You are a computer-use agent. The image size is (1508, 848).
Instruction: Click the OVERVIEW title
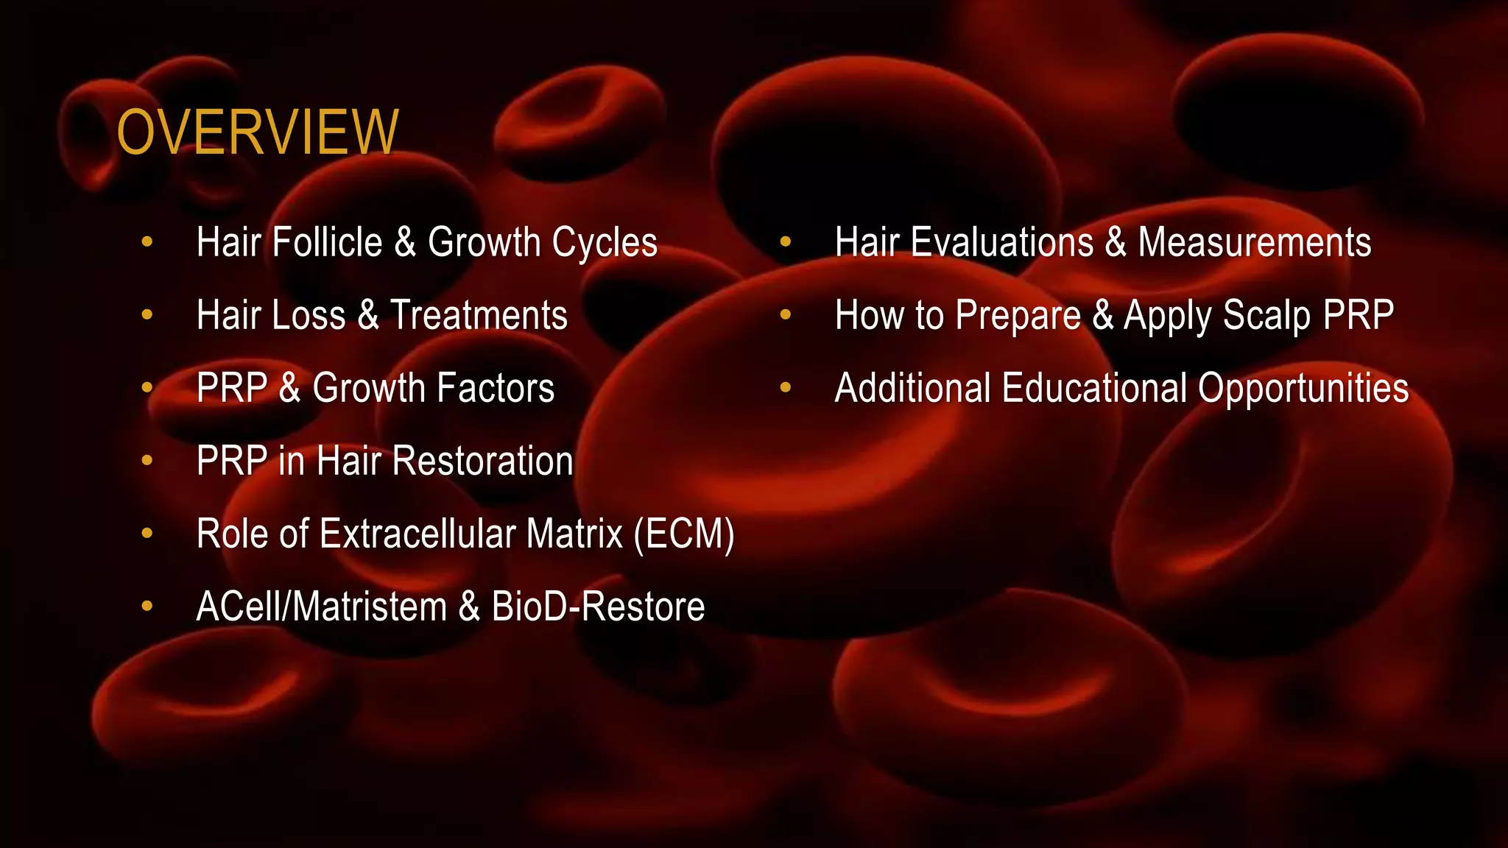click(258, 132)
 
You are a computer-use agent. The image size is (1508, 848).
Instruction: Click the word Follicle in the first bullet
click(328, 242)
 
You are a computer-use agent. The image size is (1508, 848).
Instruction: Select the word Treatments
click(479, 315)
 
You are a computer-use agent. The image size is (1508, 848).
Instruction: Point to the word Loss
click(309, 315)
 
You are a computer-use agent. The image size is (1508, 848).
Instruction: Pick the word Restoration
click(482, 461)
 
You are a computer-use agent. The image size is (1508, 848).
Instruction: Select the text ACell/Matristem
click(322, 607)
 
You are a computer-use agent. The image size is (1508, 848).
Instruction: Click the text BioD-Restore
click(598, 607)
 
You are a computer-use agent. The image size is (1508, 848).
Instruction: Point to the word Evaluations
click(1002, 242)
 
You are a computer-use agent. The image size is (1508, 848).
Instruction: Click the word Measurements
click(1255, 242)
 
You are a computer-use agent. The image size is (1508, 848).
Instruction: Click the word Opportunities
click(1303, 389)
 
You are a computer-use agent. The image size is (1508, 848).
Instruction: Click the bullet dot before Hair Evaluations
click(785, 241)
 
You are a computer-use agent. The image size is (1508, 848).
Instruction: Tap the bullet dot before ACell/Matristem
click(147, 606)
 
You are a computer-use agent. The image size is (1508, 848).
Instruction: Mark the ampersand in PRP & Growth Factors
click(290, 388)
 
